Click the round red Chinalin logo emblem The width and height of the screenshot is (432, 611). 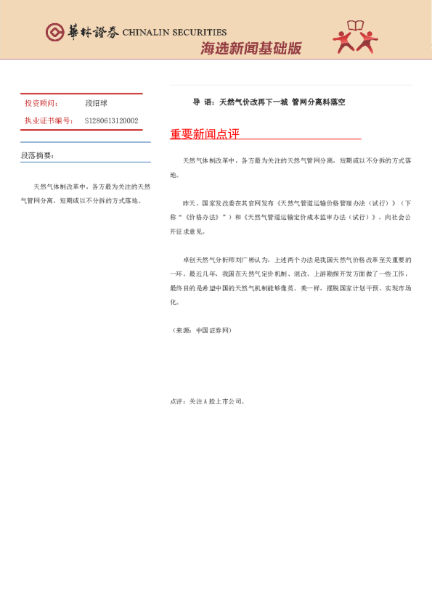(54, 32)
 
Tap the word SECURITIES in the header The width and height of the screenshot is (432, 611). (203, 33)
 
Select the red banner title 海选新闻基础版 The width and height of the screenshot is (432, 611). (250, 49)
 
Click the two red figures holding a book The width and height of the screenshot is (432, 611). (356, 37)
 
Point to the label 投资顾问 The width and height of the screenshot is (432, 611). (41, 104)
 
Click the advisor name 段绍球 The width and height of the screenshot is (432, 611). (96, 104)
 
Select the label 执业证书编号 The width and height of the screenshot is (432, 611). (49, 120)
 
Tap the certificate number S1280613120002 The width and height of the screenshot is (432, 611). (111, 120)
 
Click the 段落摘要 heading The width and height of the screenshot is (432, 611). (37, 155)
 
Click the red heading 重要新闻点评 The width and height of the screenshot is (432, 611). (205, 134)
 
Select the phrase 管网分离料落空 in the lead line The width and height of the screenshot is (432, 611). (318, 102)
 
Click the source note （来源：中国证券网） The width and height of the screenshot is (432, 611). (201, 330)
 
